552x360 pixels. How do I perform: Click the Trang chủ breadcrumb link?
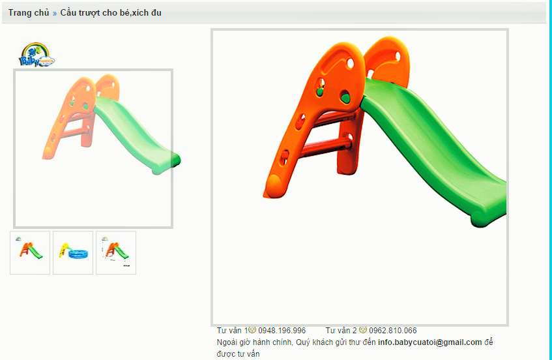point(29,12)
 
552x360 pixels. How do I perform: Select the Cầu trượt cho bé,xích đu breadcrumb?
point(111,12)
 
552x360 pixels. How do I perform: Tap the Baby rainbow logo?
point(36,54)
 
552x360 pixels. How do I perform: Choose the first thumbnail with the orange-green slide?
point(30,252)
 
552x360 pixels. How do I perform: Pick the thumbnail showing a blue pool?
point(73,252)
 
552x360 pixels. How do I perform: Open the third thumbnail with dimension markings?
point(116,252)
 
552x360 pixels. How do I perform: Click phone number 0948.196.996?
point(282,331)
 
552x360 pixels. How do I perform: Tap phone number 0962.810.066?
point(393,331)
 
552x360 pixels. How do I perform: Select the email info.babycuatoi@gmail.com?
point(430,342)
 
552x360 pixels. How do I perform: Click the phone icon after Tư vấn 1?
point(252,330)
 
